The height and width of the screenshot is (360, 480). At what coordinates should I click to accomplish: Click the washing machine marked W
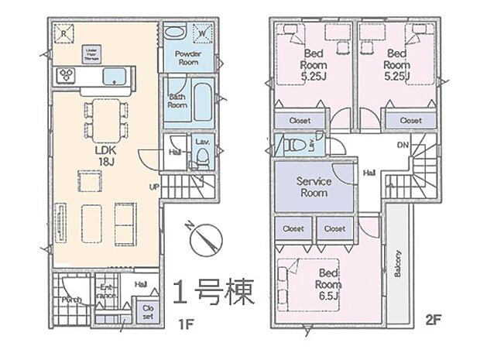(x=201, y=34)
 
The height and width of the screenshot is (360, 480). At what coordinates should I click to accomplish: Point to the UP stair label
(x=156, y=187)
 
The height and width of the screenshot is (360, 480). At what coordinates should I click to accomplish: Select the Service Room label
(x=314, y=187)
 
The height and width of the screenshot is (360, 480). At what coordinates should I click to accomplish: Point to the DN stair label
(x=403, y=145)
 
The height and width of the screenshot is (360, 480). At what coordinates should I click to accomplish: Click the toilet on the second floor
(x=294, y=145)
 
